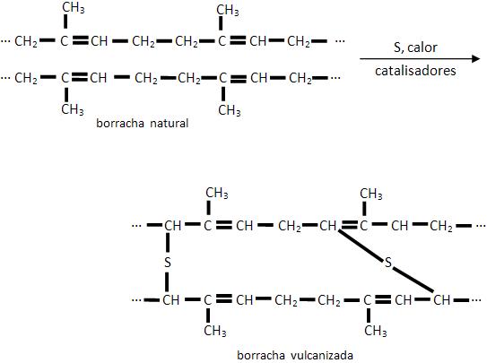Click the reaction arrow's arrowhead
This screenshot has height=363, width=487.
point(476,58)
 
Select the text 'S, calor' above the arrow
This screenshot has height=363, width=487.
point(415,48)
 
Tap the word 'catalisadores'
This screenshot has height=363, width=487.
point(415,71)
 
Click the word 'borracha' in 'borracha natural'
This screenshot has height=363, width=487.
point(120,123)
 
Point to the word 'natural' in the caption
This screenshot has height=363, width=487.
point(170,123)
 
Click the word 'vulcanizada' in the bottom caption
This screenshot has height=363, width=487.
point(322,355)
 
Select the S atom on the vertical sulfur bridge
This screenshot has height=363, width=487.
point(168,263)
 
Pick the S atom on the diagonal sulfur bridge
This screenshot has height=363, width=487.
point(388,263)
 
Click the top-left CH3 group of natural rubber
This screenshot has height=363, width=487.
point(74,8)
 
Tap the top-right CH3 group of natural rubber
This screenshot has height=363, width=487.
point(228,10)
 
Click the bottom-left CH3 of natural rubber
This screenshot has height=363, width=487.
point(73,109)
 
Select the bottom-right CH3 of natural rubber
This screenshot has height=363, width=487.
point(230,110)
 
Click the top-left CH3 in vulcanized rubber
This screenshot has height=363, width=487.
point(217,193)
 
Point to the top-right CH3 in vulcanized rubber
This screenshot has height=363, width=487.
point(371,194)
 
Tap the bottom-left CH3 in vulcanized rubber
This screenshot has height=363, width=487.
point(215,331)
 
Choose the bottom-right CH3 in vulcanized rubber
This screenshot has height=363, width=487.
point(376,331)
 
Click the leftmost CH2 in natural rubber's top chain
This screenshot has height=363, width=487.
point(26,41)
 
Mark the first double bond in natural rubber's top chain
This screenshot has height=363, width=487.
point(81,40)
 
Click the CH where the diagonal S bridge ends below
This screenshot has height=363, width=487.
point(441,300)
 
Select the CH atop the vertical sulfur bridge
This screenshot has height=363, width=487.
point(173,226)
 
